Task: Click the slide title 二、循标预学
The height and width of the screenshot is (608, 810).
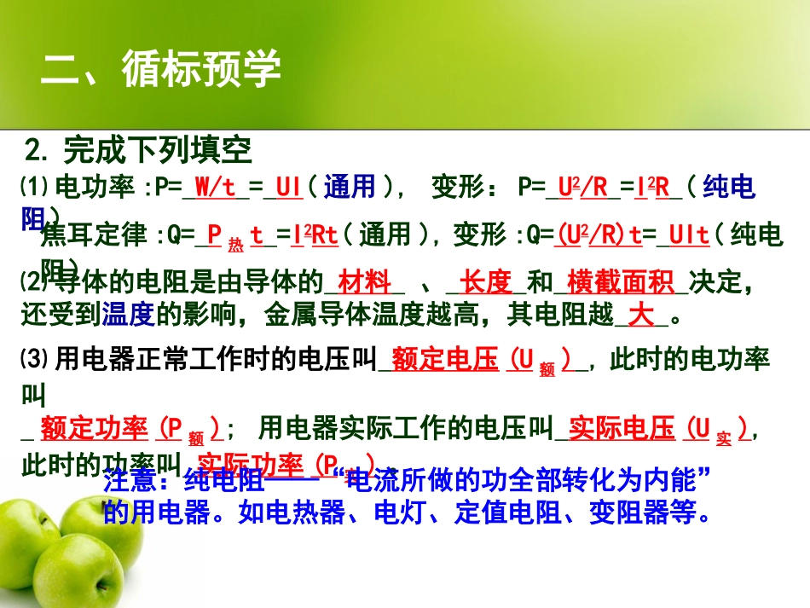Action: (x=161, y=69)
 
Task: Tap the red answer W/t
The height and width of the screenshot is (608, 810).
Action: (x=216, y=187)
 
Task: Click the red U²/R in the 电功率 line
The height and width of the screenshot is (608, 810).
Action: (x=583, y=187)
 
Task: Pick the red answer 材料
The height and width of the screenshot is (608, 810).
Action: (x=364, y=281)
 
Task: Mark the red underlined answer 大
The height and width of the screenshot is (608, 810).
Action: (x=640, y=316)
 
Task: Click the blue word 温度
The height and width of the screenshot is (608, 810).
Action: (x=127, y=316)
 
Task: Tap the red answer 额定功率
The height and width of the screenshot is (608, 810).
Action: (x=94, y=428)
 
